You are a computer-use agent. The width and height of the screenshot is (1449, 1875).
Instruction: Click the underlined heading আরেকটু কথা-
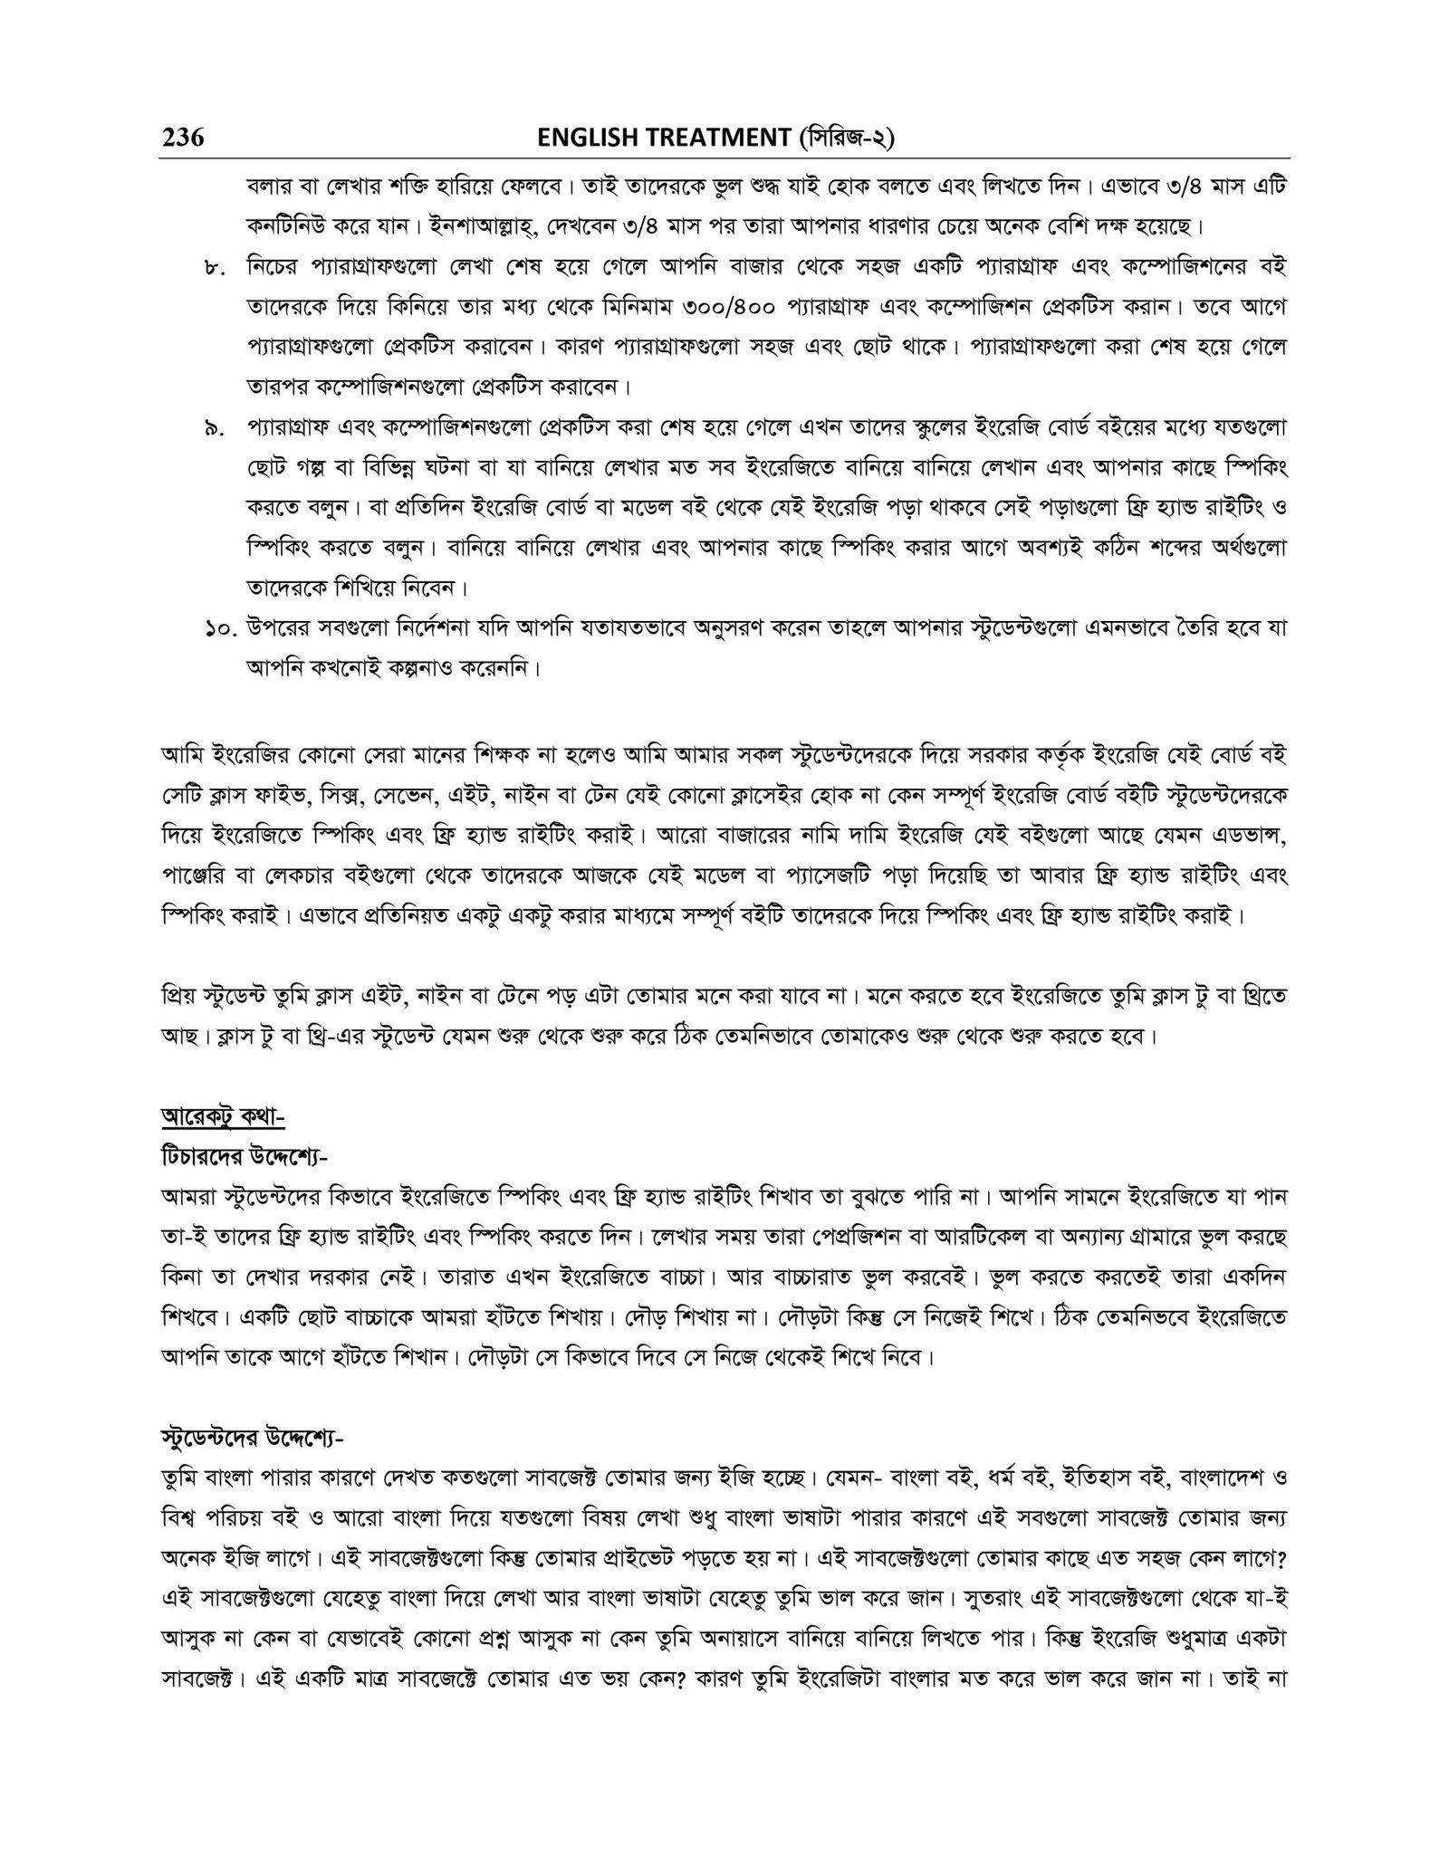(x=223, y=1119)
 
